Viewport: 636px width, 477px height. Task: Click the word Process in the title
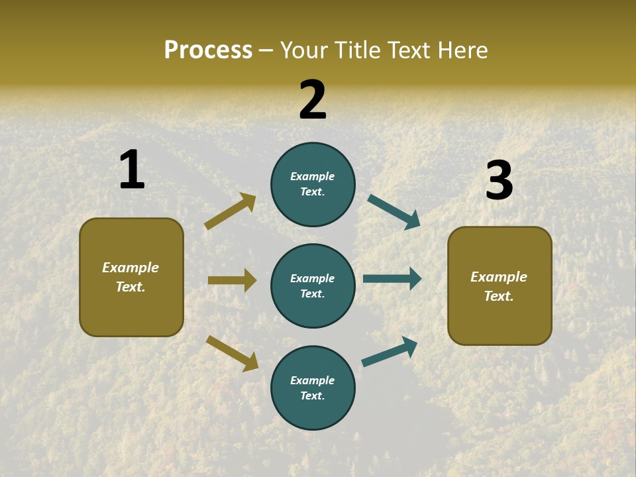208,50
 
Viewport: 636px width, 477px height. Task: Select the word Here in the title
462,50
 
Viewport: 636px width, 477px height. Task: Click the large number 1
132,170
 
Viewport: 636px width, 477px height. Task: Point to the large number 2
313,100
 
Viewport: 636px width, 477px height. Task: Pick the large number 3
499,181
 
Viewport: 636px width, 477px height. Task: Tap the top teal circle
313,184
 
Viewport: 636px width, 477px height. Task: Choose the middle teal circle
313,286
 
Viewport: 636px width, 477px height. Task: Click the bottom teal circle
313,388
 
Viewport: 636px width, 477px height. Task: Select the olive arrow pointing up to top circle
231,211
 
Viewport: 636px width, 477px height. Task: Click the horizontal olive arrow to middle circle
232,280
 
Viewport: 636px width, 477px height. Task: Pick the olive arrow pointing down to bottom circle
232,353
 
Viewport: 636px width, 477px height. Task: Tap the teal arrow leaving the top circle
394,212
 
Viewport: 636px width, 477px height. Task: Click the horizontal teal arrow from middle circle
392,278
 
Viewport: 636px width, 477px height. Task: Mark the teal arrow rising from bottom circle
390,351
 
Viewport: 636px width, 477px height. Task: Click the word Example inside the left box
131,268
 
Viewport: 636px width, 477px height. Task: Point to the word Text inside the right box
498,296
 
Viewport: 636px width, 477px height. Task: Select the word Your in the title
305,50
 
